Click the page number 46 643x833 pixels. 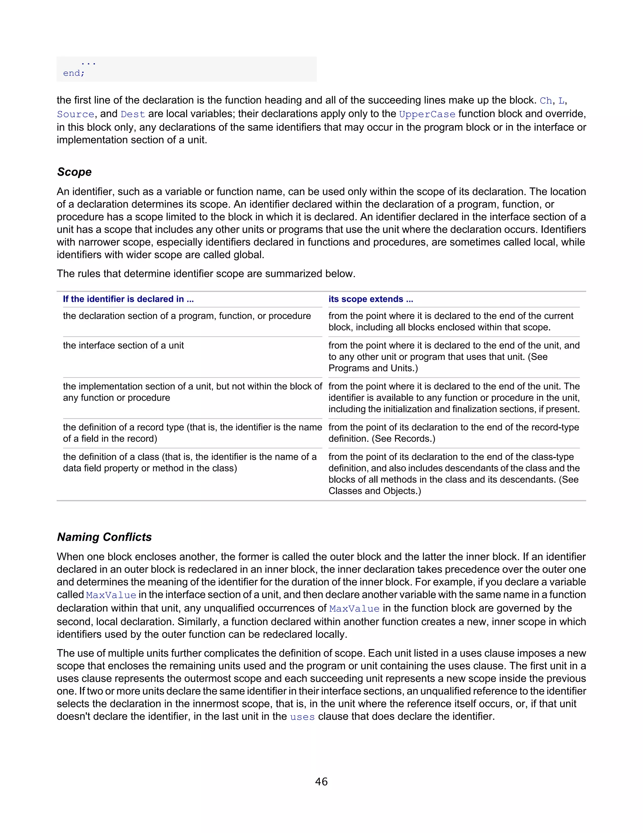tap(321, 781)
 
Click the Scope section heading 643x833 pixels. tap(74, 172)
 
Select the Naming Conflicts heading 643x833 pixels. tap(104, 537)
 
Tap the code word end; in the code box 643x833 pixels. tap(74, 73)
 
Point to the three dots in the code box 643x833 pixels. tap(88, 63)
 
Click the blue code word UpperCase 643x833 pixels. tap(427, 114)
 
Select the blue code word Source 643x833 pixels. tap(75, 114)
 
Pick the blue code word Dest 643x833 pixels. tap(133, 114)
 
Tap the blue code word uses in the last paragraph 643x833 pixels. tap(302, 717)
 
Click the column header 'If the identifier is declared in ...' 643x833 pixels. tap(128, 299)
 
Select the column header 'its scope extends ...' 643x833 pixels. tap(371, 299)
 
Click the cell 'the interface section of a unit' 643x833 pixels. tap(123, 345)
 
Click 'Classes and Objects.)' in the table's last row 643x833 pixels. tap(375, 491)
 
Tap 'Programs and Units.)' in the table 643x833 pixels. tap(373, 368)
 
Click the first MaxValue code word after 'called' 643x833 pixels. tap(111, 595)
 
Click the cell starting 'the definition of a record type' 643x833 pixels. tap(192, 433)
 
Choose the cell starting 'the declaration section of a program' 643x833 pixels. tap(187, 316)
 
